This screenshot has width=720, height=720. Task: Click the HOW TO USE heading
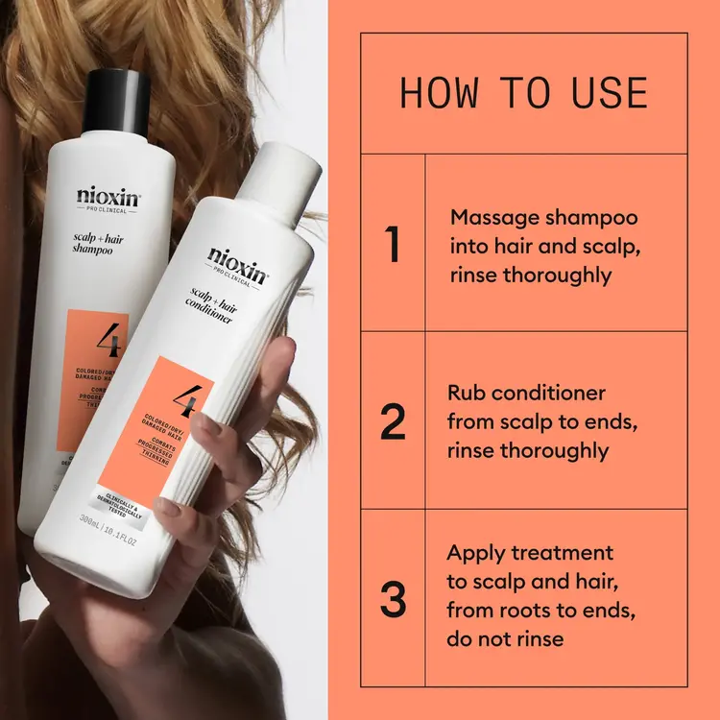click(523, 93)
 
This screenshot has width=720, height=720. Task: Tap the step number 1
click(392, 244)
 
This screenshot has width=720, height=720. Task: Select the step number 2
click(392, 422)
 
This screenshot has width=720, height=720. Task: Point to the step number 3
click(392, 597)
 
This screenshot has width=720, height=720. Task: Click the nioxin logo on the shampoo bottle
click(108, 198)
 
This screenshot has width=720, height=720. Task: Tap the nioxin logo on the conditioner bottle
click(239, 261)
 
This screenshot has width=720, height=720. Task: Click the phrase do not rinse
click(506, 637)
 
